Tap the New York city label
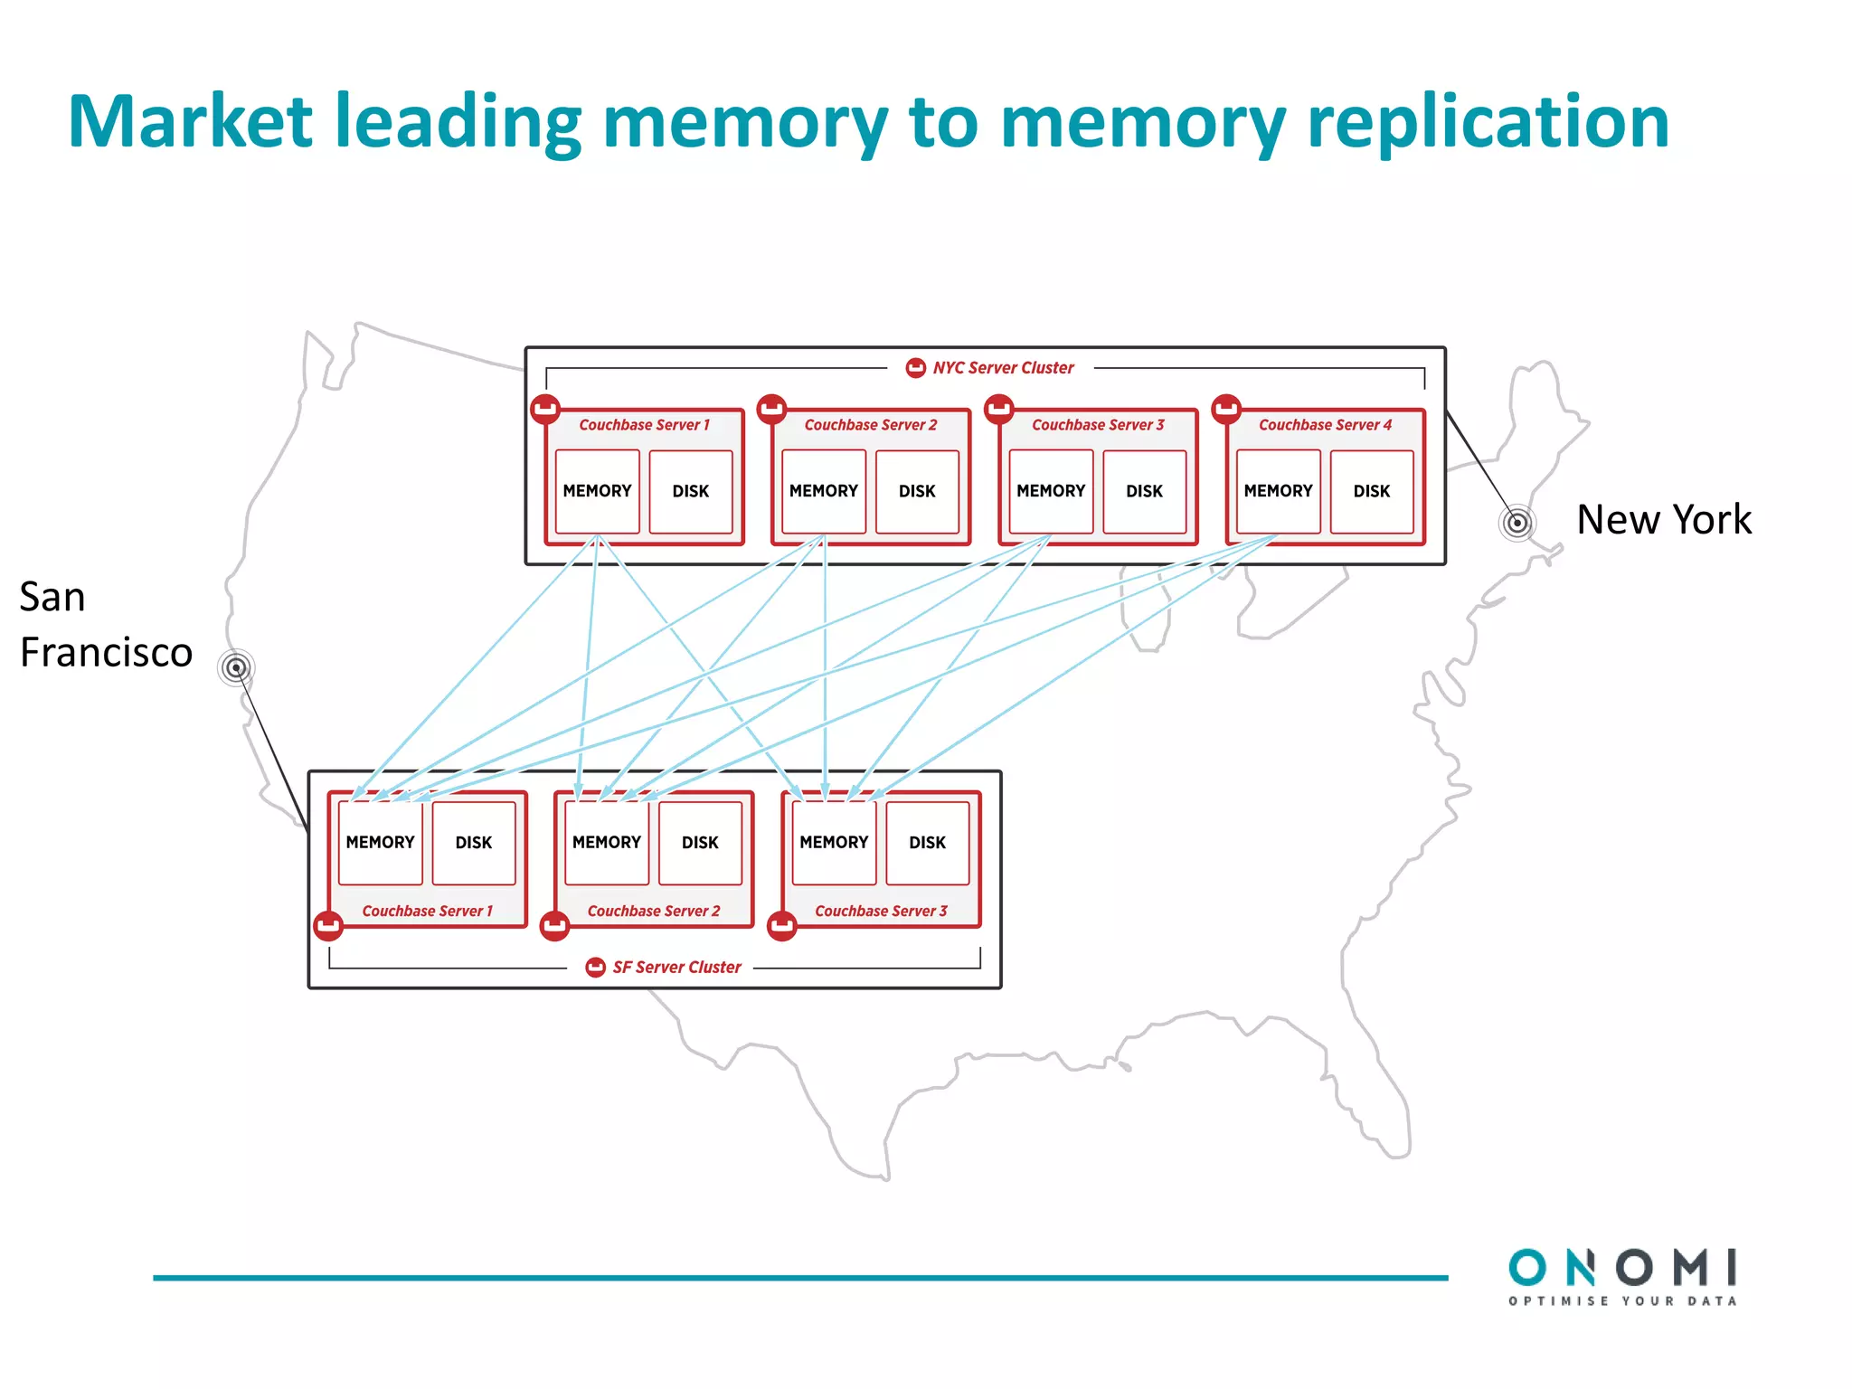(x=1663, y=520)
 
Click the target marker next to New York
(x=1517, y=523)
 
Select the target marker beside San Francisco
(x=236, y=668)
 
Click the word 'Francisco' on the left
(x=106, y=652)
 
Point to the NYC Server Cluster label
(x=1002, y=368)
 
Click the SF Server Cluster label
(x=676, y=968)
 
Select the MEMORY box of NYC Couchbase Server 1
(x=597, y=491)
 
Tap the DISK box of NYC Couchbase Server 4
(x=1371, y=491)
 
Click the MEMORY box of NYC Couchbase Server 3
(x=1050, y=491)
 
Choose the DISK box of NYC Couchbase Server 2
(x=916, y=491)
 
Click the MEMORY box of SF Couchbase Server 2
(x=606, y=843)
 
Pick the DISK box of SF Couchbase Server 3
(x=927, y=843)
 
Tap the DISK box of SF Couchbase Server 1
(x=473, y=843)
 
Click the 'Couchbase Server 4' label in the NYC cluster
(x=1325, y=425)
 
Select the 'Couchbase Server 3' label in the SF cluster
(x=881, y=912)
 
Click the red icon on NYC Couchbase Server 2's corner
(x=771, y=409)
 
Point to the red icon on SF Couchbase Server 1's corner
(x=328, y=926)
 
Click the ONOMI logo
(x=1622, y=1268)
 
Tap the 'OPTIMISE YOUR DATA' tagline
(x=1622, y=1301)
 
